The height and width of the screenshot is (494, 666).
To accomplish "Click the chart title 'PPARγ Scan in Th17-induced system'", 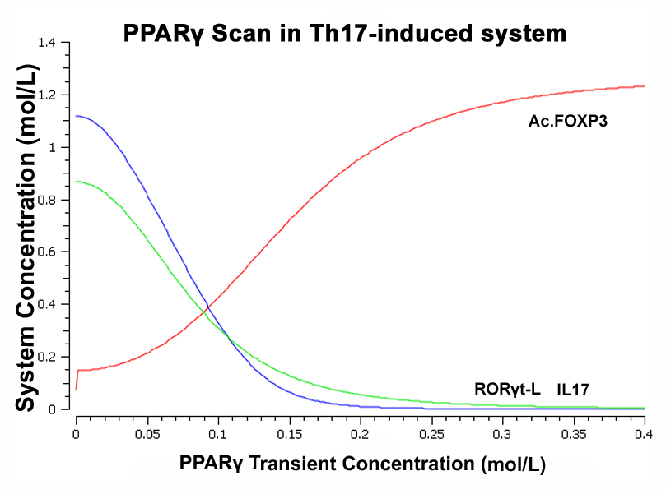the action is point(344,33).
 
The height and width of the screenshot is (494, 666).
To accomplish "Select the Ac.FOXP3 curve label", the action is point(568,122).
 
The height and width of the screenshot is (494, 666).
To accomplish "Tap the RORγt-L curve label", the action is point(507,389).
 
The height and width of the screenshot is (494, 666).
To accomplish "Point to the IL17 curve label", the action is point(573,390).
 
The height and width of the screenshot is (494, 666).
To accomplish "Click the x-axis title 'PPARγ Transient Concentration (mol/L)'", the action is point(362,464).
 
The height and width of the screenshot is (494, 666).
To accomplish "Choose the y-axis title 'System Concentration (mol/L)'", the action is point(26,238).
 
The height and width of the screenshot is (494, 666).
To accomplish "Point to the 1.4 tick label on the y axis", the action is point(47,43).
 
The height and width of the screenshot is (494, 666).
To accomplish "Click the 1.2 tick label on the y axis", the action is point(47,95).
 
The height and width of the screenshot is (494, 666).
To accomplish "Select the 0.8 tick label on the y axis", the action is point(47,200).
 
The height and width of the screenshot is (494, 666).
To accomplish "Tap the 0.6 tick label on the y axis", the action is point(47,252).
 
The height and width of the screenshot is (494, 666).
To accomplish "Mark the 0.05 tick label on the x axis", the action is point(147,435).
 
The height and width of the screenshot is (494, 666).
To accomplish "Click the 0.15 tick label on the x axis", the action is point(290,435).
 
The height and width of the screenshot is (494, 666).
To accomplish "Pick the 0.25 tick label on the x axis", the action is point(432,435).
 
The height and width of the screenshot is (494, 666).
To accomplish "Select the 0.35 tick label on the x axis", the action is point(574,435).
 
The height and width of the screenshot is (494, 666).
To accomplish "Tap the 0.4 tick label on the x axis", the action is point(644,435).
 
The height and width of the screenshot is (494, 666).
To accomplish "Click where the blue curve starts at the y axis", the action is point(76,116).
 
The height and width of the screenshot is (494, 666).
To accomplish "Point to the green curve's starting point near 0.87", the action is point(76,182).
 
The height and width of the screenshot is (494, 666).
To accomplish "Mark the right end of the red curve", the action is point(645,86).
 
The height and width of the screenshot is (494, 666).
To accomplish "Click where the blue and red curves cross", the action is point(207,305).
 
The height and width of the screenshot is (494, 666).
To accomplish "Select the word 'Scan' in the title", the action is point(241,33).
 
